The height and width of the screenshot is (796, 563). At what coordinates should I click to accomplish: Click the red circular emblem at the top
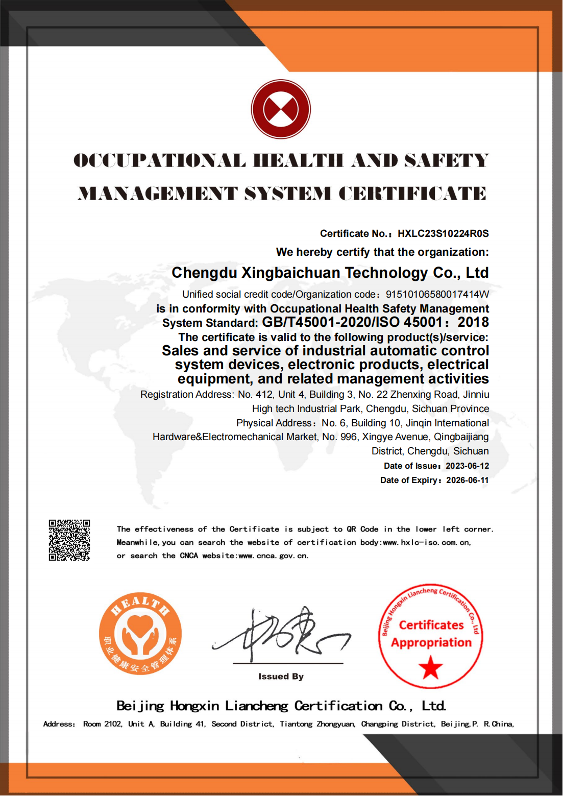(281, 109)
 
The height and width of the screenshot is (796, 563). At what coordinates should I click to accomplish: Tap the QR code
(69, 540)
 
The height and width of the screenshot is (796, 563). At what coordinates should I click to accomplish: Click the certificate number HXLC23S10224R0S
(443, 234)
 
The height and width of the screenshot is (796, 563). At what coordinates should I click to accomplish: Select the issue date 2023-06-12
(467, 466)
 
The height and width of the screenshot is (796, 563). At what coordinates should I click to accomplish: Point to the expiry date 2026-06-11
(467, 480)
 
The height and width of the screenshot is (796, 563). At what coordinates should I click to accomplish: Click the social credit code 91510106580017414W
(437, 295)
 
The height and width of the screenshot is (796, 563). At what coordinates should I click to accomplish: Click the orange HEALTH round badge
(140, 634)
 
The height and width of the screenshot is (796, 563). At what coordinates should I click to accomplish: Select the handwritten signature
(281, 633)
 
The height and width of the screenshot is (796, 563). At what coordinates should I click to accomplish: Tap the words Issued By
(281, 677)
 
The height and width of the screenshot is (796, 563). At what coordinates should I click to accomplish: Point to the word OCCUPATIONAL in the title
(159, 161)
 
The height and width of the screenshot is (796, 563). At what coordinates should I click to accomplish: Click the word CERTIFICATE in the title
(412, 194)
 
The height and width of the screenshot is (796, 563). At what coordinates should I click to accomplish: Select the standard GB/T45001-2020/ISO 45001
(352, 323)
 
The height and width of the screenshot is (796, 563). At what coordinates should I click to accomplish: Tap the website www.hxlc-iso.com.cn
(427, 543)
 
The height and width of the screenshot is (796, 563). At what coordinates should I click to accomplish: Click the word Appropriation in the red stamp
(431, 643)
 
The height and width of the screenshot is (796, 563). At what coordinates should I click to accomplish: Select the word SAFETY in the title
(447, 161)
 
